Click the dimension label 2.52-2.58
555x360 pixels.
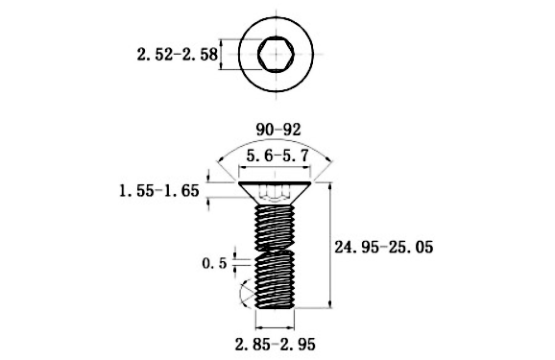click(177, 55)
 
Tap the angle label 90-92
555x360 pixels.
click(278, 130)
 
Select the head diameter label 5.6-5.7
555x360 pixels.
click(277, 156)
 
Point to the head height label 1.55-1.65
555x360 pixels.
click(159, 191)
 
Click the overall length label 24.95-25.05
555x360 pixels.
click(384, 247)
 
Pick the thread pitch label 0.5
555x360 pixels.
click(214, 263)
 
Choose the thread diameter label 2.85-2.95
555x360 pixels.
click(275, 344)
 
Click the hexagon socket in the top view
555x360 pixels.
click(276, 54)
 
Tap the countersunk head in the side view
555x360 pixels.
click(275, 193)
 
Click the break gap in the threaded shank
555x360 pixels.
click(275, 251)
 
